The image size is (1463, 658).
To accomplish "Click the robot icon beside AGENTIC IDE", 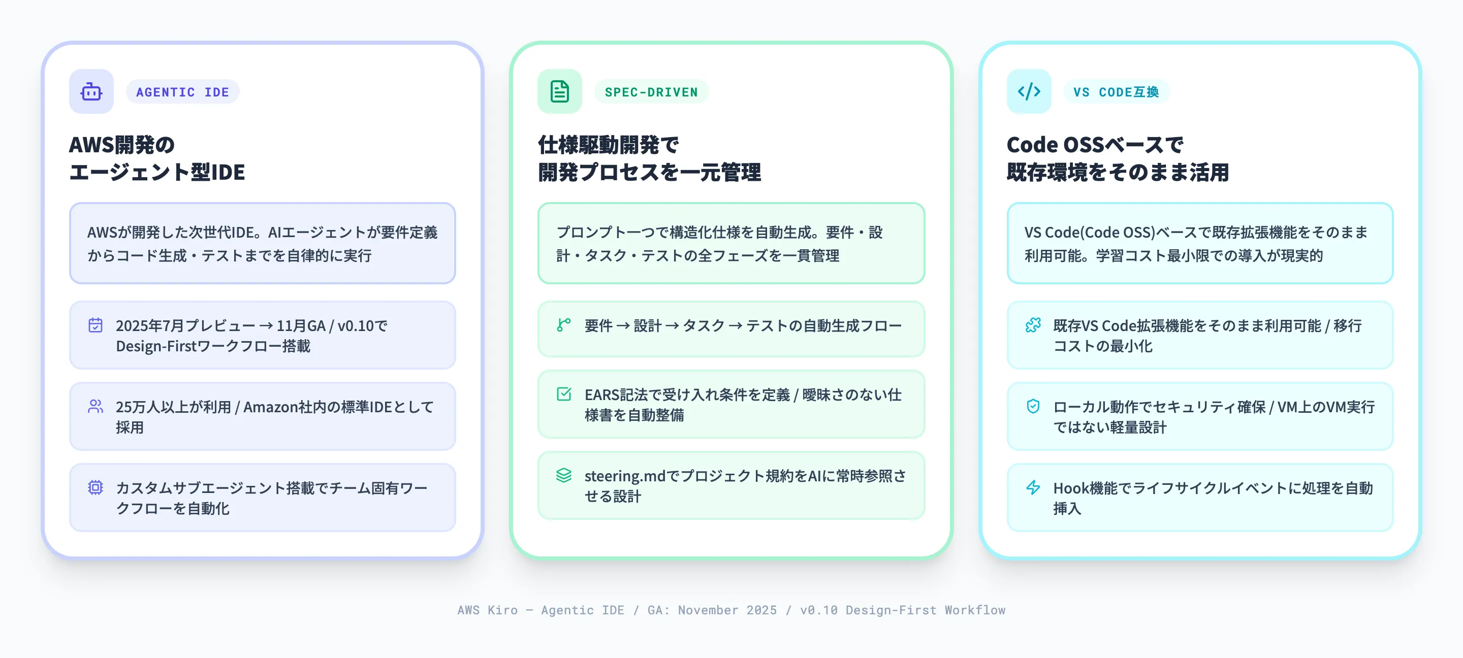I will click(x=91, y=91).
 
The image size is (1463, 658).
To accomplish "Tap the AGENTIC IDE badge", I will click(x=182, y=92).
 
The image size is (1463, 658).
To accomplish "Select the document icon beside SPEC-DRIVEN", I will click(x=559, y=91).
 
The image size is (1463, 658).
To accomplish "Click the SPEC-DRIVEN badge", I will click(x=651, y=92).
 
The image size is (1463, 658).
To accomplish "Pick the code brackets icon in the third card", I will click(x=1029, y=91).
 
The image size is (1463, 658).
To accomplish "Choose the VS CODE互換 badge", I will click(x=1116, y=92).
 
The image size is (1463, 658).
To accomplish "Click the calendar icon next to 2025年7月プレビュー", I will click(x=96, y=325).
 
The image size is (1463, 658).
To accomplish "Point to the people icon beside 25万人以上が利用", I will click(x=96, y=407).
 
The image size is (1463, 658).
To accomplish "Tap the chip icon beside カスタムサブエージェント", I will click(x=96, y=488).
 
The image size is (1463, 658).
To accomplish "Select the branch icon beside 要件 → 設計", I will click(x=563, y=325).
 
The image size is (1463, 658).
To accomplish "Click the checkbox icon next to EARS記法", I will click(x=563, y=394).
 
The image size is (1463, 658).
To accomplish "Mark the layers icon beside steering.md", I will click(x=563, y=475).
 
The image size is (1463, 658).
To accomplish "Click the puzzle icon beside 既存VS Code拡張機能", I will click(x=1033, y=325).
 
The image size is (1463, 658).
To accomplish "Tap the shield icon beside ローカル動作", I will click(x=1033, y=407).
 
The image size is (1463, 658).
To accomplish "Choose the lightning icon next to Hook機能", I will click(x=1033, y=488).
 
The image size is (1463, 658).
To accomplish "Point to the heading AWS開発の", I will click(x=121, y=145).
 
